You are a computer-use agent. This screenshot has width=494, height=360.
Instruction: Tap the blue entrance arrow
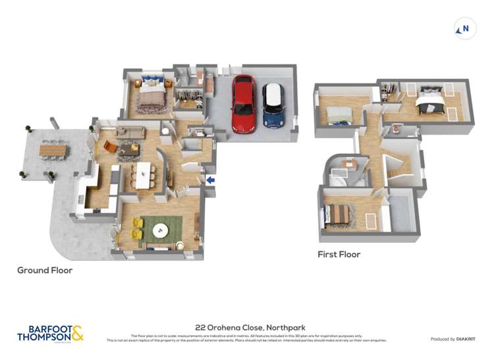coord(211,180)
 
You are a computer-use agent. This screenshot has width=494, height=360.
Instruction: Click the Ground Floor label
coord(45,270)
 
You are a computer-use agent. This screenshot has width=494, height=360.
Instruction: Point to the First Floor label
coord(339,254)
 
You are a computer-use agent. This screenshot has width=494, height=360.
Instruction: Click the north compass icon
coord(465,29)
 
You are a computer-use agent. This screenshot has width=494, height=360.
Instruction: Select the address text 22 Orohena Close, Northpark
coord(250,327)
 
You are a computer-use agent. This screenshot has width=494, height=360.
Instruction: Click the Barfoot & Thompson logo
coord(50,333)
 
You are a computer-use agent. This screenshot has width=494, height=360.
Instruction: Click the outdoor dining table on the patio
coord(53,151)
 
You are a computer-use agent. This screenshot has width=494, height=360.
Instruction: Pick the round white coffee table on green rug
coord(161,230)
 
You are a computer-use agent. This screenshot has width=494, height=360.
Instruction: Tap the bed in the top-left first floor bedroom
coord(339,115)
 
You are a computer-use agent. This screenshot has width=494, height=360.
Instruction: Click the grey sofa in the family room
coord(130,133)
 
